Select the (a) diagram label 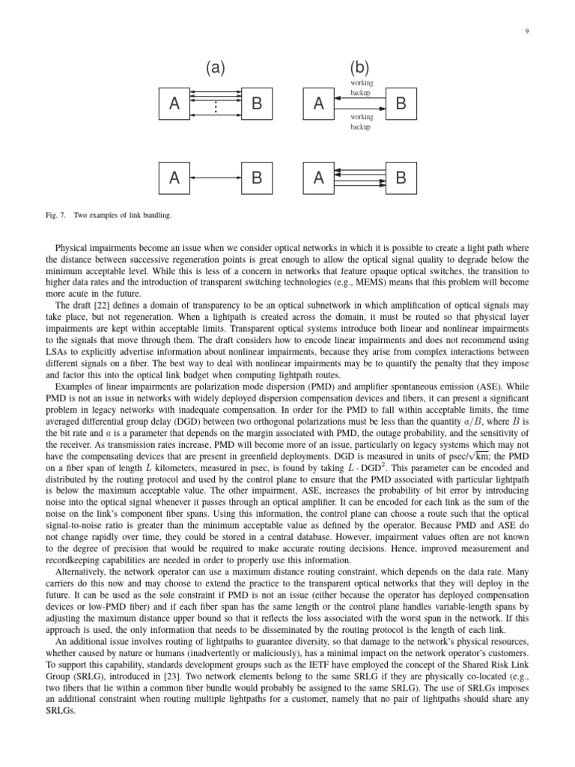coord(215,68)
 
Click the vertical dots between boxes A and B coord(216,108)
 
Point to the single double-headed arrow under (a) coord(216,178)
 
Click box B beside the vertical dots coord(256,104)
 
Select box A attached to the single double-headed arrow coord(174,178)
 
